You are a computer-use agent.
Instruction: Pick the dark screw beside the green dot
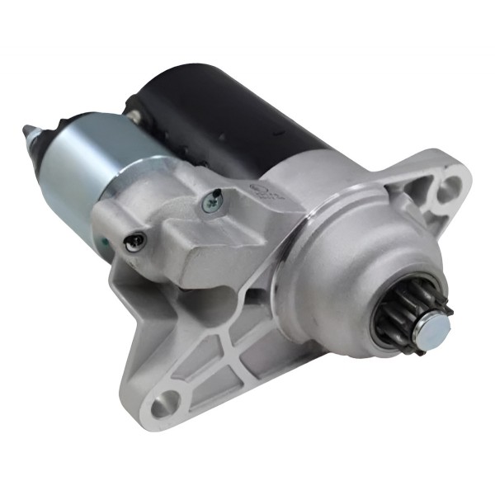pyautogui.click(x=136, y=241)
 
